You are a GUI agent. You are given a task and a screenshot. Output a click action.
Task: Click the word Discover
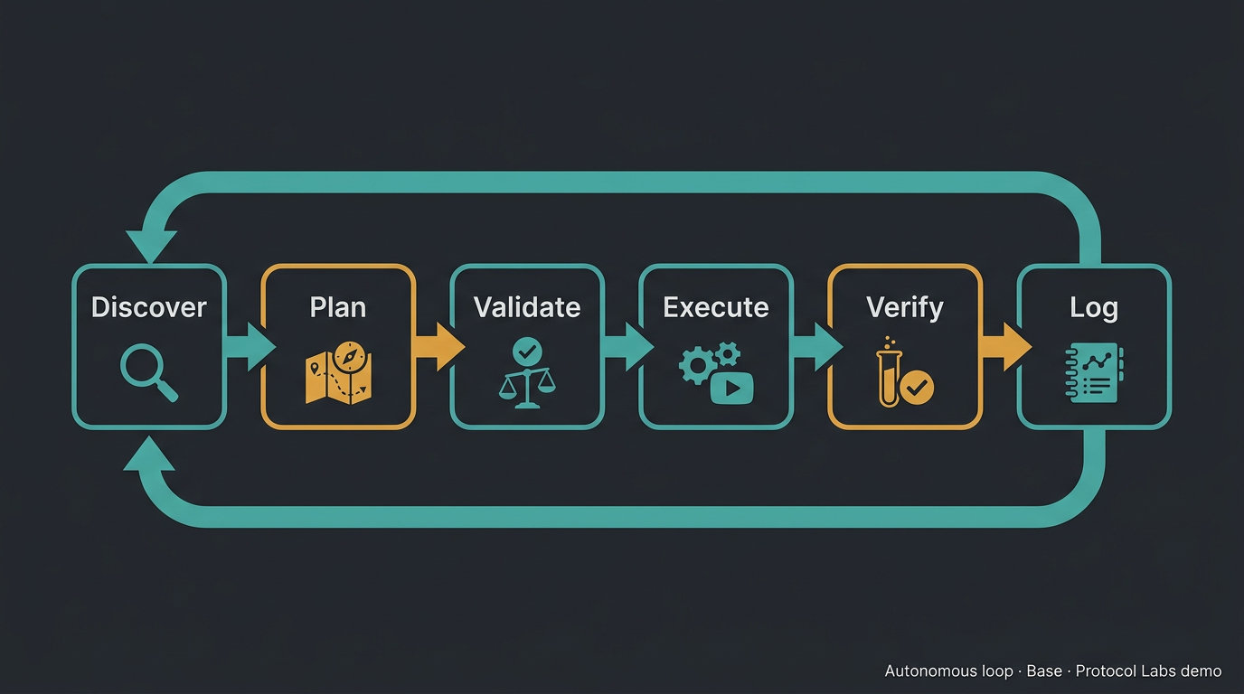(149, 307)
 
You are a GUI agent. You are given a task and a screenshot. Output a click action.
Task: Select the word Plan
(338, 307)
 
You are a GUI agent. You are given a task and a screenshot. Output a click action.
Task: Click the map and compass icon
(338, 372)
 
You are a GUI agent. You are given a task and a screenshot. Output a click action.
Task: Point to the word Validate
(527, 307)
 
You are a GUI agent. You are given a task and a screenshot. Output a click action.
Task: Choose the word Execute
(716, 307)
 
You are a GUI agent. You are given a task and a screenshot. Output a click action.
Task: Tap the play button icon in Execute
(732, 388)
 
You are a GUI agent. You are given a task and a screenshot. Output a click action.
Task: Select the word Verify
(905, 307)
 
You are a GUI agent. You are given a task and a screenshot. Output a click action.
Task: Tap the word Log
(1094, 307)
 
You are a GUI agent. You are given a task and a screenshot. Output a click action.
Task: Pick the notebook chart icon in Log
(1094, 372)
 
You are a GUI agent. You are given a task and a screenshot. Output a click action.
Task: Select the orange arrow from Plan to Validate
(438, 347)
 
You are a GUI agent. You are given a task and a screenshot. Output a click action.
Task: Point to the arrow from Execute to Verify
(815, 347)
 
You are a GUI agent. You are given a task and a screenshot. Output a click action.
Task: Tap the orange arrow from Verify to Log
(1004, 347)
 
